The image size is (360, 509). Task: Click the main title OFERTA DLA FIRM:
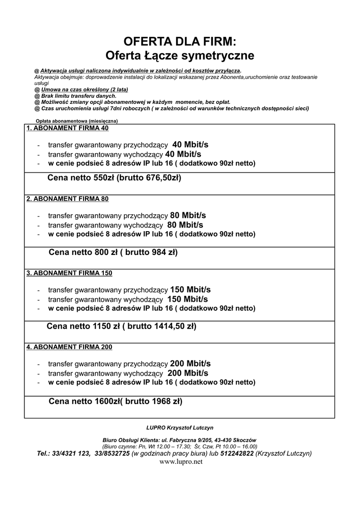tap(180, 41)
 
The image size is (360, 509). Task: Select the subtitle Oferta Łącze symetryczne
tap(180, 55)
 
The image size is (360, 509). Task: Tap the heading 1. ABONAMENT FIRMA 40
tap(67, 128)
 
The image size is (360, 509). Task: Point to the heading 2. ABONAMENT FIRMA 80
tap(67, 199)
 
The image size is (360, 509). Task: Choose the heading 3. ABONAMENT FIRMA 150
tap(69, 273)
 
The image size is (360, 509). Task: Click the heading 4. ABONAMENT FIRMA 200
tap(69, 347)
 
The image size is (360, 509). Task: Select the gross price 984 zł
tap(159, 253)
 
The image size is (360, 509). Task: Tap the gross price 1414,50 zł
tap(170, 327)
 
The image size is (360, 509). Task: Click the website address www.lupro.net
tap(180, 462)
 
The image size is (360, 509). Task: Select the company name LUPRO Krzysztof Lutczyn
tap(180, 427)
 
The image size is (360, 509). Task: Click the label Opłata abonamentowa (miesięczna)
tap(77, 121)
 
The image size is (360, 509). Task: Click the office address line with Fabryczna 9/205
tap(180, 440)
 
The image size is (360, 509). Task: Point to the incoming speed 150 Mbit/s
tap(190, 290)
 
